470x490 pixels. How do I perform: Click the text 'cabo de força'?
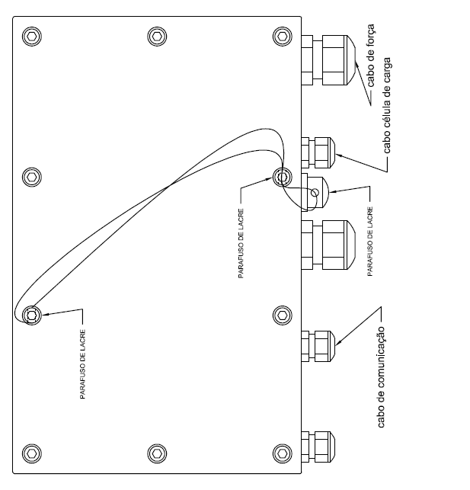[x=370, y=56]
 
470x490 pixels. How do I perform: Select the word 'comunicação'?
[x=382, y=365]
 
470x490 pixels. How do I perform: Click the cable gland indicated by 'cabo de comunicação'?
[x=318, y=346]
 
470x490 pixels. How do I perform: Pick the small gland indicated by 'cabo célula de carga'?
[x=318, y=152]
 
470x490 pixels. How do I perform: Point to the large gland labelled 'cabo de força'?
[x=328, y=60]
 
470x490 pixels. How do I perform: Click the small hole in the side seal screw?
[x=315, y=193]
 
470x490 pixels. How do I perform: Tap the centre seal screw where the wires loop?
[x=283, y=178]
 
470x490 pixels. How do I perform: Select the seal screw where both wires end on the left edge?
[x=32, y=315]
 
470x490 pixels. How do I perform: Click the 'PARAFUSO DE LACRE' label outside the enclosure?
[x=370, y=242]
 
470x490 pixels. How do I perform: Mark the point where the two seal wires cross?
[x=170, y=185]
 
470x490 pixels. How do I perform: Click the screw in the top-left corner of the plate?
[x=32, y=37]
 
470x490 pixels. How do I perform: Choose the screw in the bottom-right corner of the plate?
[x=283, y=453]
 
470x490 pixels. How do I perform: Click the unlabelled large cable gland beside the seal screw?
[x=328, y=245]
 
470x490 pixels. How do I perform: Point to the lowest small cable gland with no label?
[x=318, y=447]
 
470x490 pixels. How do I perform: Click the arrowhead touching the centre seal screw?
[x=269, y=179]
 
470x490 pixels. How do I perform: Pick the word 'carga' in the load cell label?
[x=387, y=70]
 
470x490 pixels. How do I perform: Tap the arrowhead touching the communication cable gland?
[x=338, y=342]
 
